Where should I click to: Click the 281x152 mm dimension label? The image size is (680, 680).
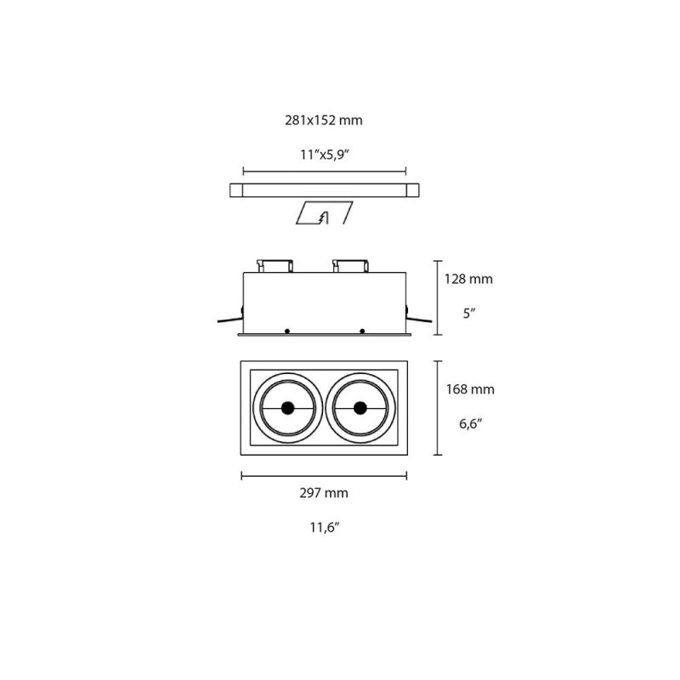324,121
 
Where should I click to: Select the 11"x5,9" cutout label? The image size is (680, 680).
324,154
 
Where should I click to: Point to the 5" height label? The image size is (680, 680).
469,313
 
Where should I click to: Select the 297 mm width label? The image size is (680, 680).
324,493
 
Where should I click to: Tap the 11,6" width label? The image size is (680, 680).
324,528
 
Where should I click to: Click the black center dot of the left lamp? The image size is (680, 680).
287,408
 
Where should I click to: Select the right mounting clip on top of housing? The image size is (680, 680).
349,265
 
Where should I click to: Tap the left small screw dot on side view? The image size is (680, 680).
287,330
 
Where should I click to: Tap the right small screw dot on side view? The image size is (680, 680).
362,330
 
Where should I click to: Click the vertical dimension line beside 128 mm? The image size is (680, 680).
437,297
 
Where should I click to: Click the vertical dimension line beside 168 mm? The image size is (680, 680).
437,408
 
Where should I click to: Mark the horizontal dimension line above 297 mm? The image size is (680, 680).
324,475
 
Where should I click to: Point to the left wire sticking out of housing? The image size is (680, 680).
227,320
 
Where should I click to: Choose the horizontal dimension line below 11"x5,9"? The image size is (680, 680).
324,169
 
